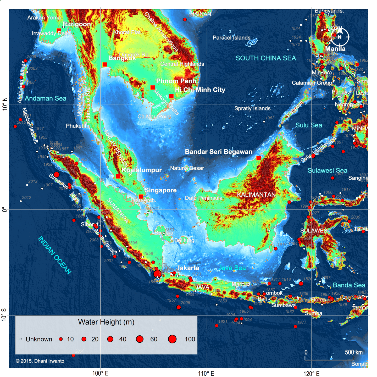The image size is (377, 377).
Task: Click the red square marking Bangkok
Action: click(105, 64)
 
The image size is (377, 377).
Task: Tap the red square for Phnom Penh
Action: click(153, 87)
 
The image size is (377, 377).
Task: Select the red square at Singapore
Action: click(141, 197)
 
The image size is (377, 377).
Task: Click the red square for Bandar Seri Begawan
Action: click(259, 158)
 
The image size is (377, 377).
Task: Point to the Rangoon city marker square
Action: click(59, 30)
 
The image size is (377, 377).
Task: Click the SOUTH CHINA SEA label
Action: click(266, 58)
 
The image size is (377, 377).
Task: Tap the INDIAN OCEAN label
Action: click(55, 255)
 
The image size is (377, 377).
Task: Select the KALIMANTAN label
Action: click(256, 195)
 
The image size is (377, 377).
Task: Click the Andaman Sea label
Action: click(46, 98)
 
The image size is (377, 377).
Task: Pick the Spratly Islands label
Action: click(252, 108)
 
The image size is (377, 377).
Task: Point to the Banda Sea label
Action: click(349, 285)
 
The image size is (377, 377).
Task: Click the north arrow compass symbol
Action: click(340, 37)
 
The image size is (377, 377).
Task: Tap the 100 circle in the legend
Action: click(172, 339)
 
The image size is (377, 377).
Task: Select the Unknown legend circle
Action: click(21, 339)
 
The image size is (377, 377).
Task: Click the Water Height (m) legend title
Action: click(106, 322)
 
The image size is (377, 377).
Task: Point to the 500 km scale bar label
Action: click(354, 352)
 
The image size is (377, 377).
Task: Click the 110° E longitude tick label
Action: click(206, 373)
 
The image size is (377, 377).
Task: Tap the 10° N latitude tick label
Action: click(5, 104)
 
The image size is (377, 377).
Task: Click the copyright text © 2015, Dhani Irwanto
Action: click(40, 361)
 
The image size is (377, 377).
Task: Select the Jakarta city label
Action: click(188, 268)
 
